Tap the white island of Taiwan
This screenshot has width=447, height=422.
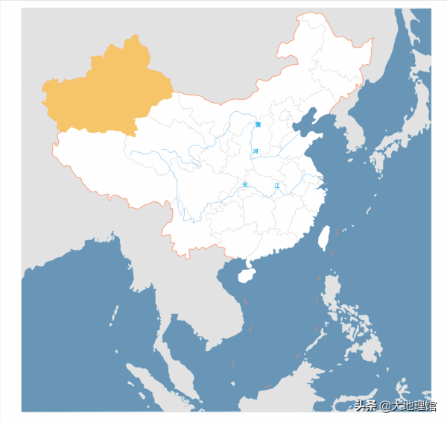point(324,238)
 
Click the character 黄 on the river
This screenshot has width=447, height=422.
point(258,125)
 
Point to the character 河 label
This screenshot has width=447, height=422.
point(256,151)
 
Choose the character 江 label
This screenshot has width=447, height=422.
point(276,184)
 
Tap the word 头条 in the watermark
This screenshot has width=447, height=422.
point(366,406)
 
